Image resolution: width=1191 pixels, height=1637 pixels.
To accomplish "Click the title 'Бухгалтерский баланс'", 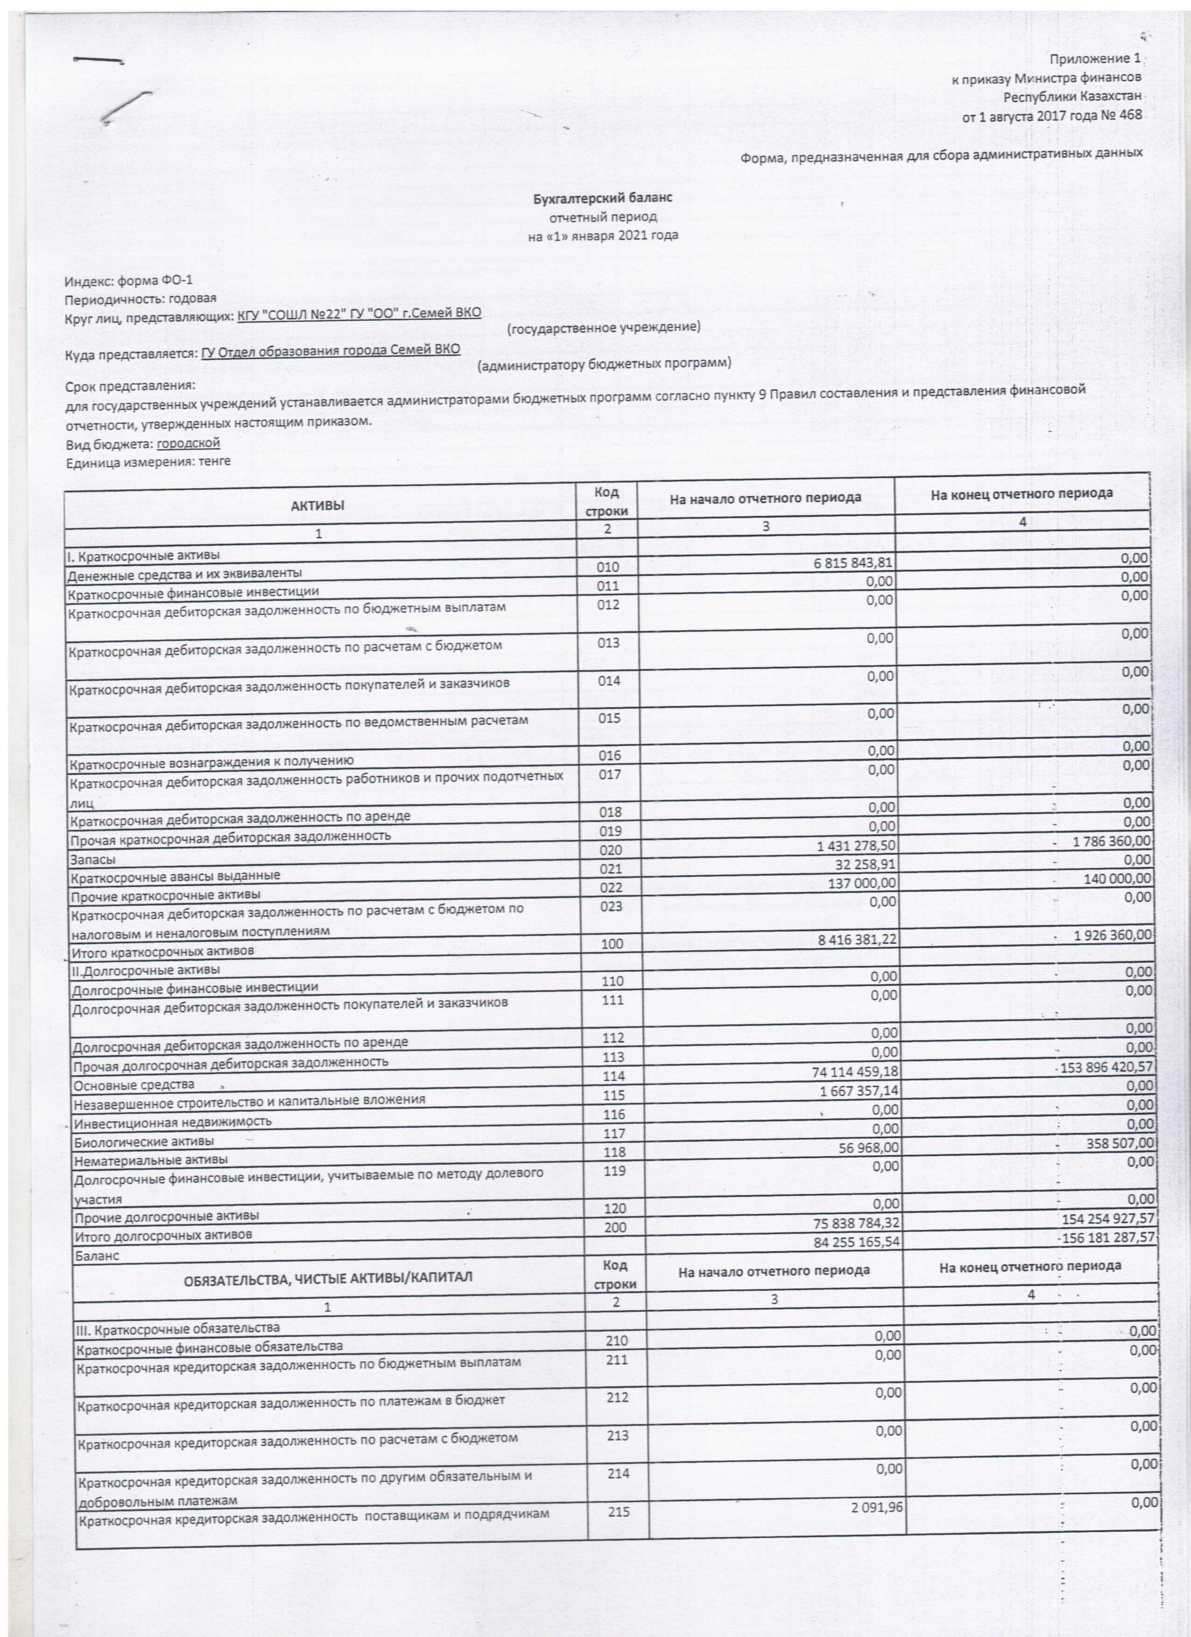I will click(x=603, y=197).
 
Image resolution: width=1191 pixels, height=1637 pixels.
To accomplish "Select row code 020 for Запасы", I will click(x=608, y=851).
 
